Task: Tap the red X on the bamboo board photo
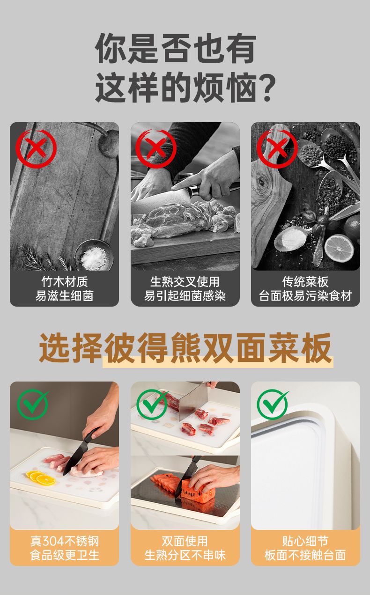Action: click(x=36, y=148)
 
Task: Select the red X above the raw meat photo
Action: click(x=156, y=148)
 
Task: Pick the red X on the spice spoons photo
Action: click(x=277, y=148)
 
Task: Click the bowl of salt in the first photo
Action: click(x=94, y=255)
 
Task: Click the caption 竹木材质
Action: click(x=65, y=282)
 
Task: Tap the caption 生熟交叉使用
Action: click(x=185, y=282)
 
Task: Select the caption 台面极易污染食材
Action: click(x=305, y=296)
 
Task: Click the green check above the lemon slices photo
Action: click(x=33, y=404)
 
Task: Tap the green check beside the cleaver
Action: click(x=153, y=404)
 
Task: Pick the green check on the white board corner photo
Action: click(x=273, y=404)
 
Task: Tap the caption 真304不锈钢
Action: click(x=65, y=541)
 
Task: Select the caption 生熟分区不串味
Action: click(x=185, y=555)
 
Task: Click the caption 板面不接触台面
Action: click(x=305, y=555)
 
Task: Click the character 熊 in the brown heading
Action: click(x=185, y=347)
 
